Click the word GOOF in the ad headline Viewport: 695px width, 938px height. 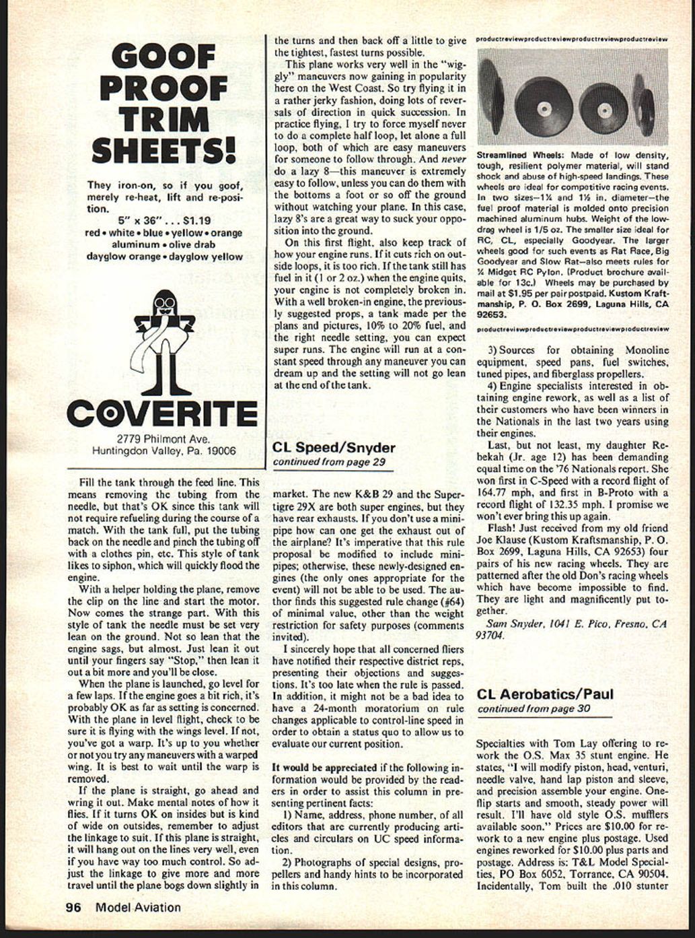[x=163, y=58]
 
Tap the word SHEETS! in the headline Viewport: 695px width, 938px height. [x=163, y=151]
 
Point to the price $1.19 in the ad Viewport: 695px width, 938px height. [x=196, y=220]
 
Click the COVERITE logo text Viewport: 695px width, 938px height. [x=163, y=413]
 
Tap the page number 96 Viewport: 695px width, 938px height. [x=73, y=907]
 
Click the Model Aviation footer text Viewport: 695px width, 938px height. [x=138, y=907]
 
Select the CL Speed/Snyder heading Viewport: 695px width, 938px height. [x=334, y=447]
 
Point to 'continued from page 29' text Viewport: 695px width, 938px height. [x=329, y=462]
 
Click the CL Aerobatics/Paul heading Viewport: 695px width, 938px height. [x=545, y=694]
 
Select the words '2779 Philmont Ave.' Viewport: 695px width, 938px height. [x=163, y=439]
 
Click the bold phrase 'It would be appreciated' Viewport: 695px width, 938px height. [x=324, y=767]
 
